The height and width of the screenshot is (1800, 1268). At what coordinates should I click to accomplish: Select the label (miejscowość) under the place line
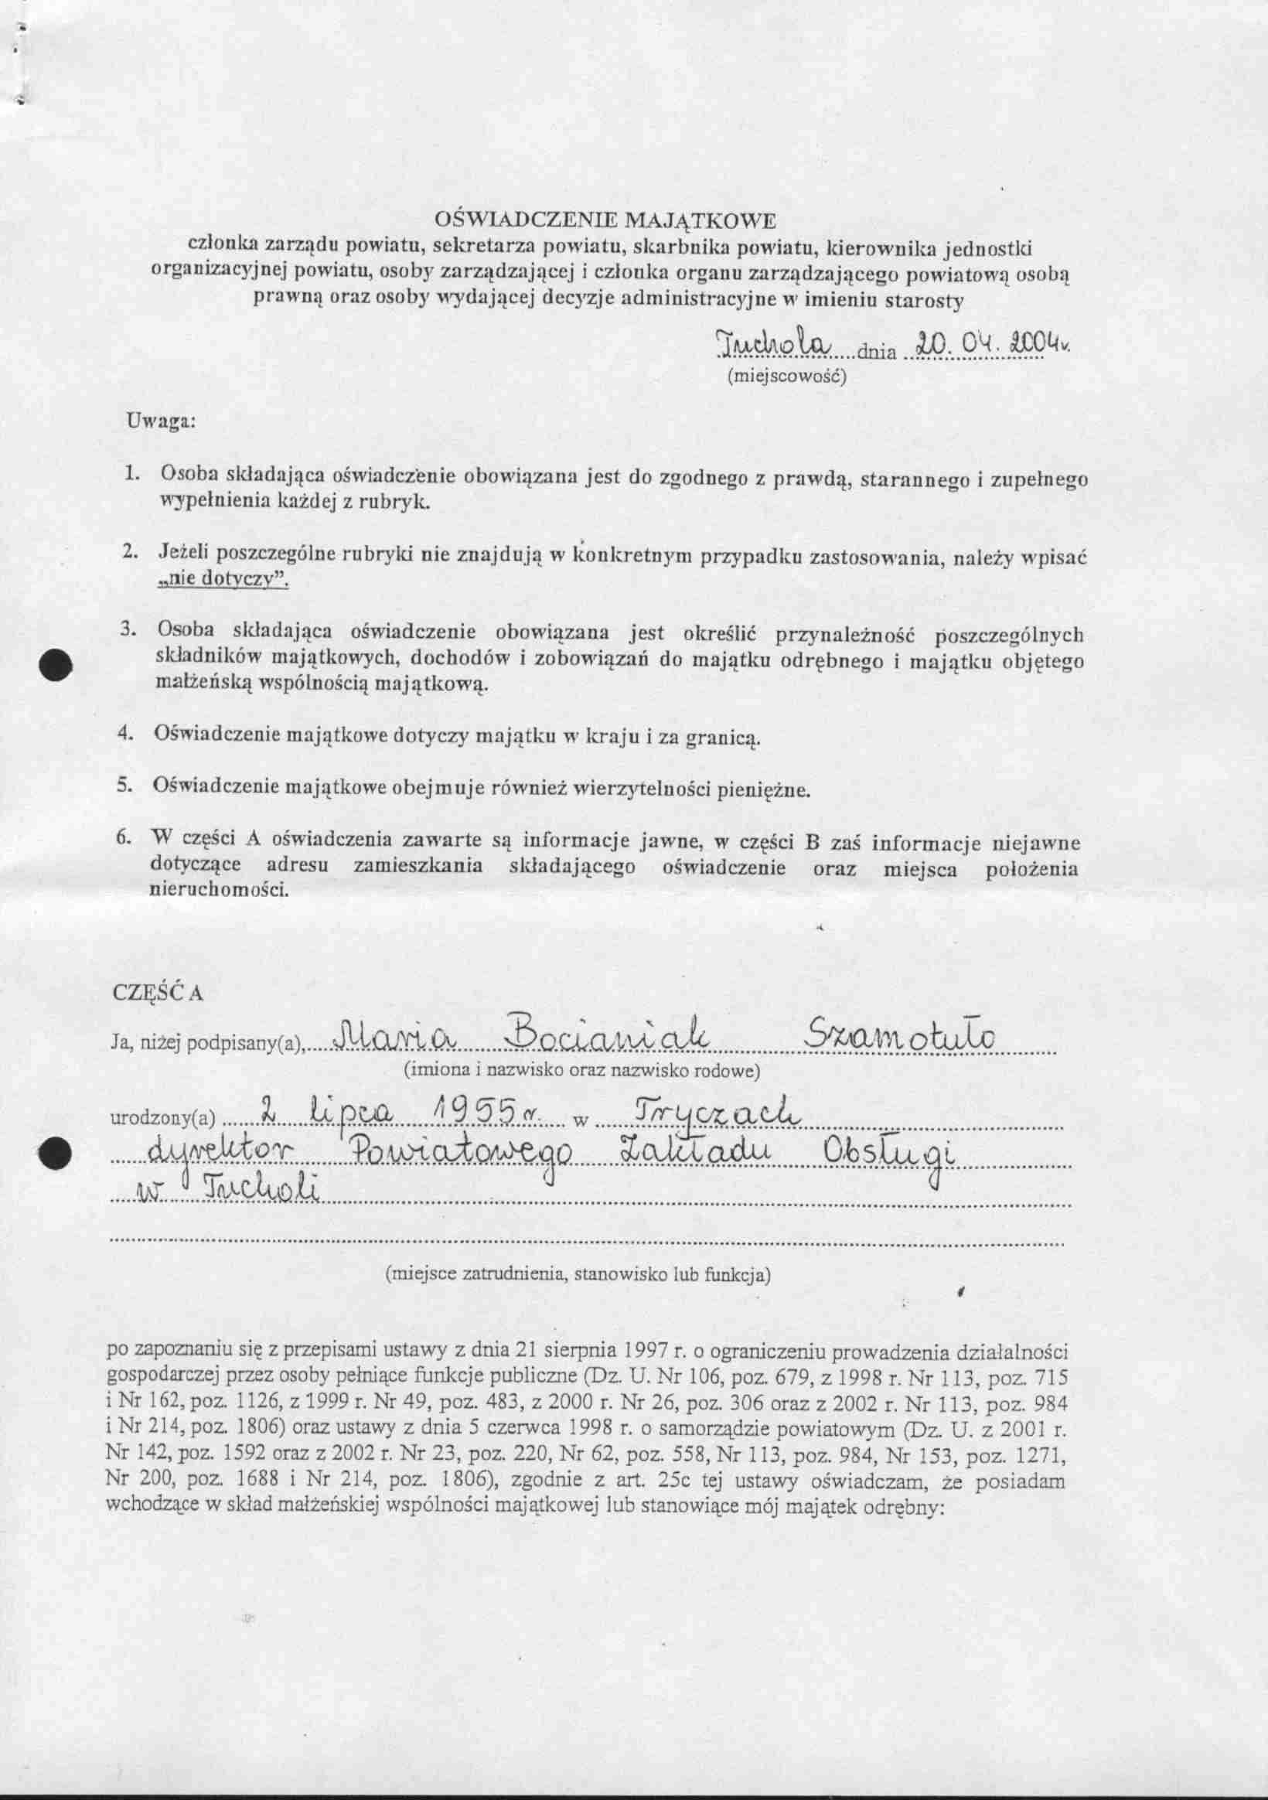[x=786, y=376]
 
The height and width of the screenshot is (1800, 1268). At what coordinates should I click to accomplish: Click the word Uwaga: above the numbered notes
[x=160, y=421]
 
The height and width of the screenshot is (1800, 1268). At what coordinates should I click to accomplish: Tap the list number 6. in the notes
[x=123, y=837]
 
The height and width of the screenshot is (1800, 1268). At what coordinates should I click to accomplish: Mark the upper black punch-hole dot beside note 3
[x=56, y=665]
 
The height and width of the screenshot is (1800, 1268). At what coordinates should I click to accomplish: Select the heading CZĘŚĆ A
[x=158, y=992]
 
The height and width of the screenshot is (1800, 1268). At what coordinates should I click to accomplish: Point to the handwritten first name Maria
[x=390, y=1038]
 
